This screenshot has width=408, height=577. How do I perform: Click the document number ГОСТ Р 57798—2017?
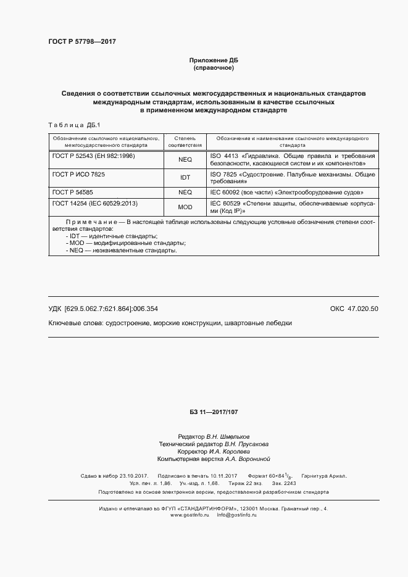coord(82,41)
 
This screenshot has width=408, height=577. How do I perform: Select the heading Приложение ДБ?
coord(213,60)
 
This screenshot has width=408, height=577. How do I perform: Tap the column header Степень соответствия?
coord(185,143)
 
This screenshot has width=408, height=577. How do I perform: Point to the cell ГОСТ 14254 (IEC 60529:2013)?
coord(94,203)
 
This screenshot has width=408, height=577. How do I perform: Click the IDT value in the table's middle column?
coord(185,178)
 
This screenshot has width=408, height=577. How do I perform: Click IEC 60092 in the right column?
coord(225,192)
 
